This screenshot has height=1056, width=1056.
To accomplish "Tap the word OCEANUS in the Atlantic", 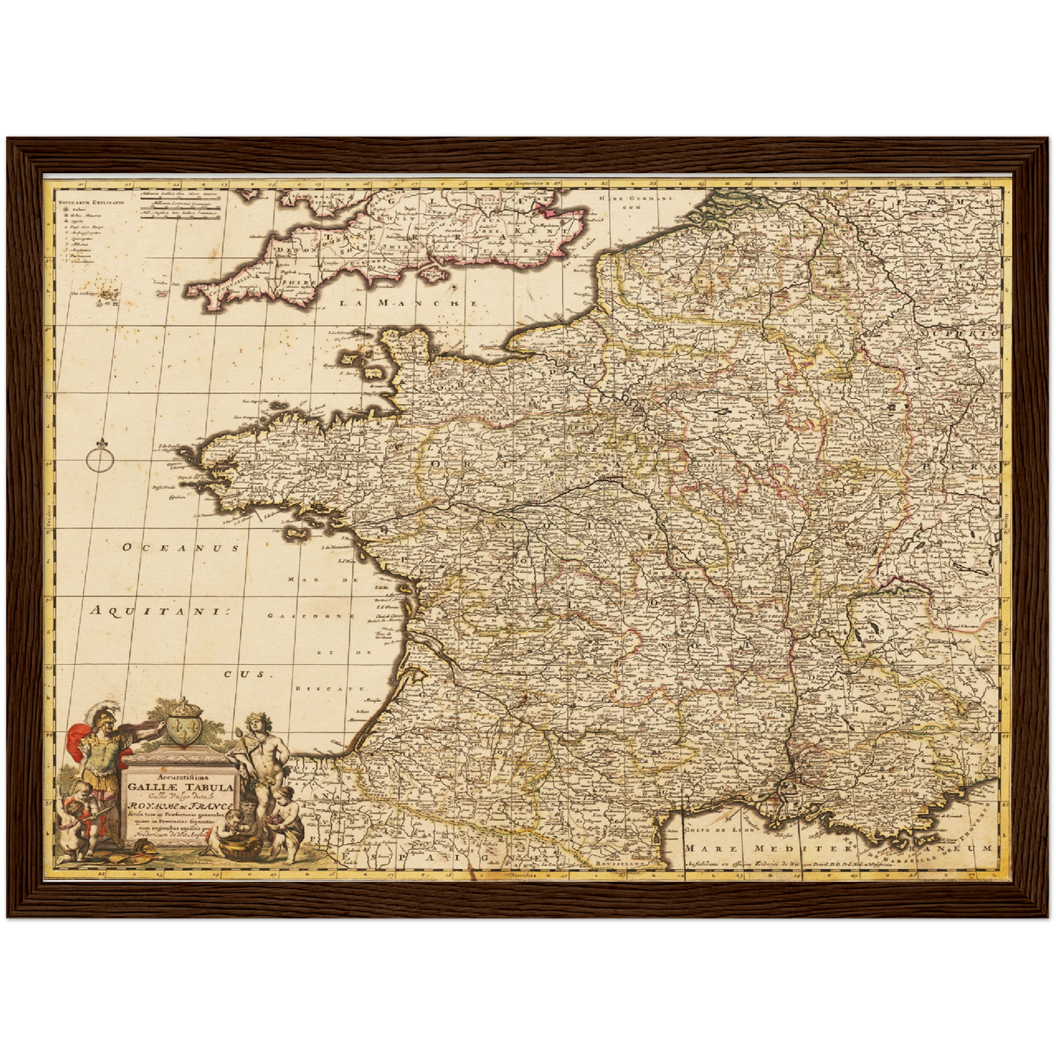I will (x=181, y=547).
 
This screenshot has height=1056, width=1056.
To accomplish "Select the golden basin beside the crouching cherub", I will (x=246, y=847).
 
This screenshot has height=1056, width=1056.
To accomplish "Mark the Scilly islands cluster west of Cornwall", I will (x=110, y=295).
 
